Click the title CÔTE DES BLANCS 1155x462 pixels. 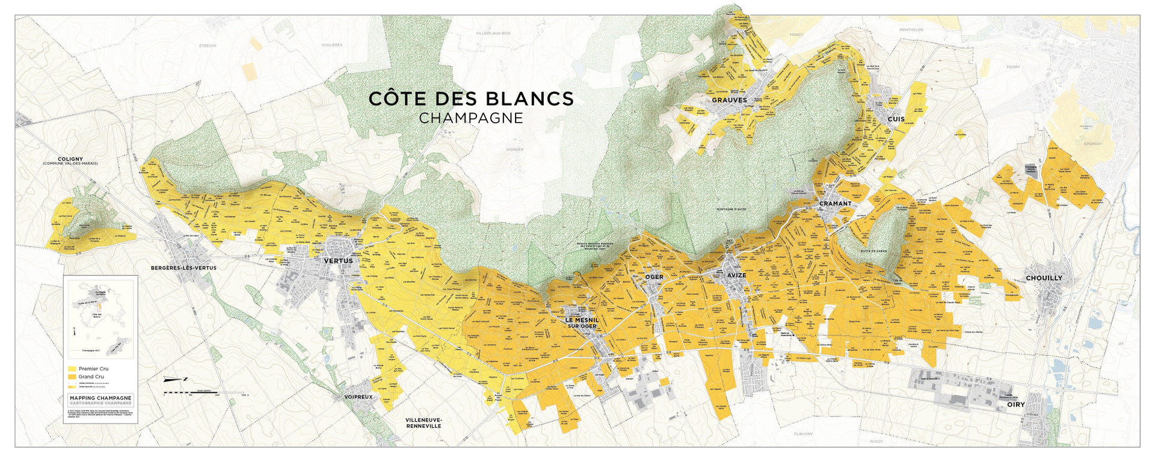click(471, 99)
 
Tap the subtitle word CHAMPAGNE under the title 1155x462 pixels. click(471, 118)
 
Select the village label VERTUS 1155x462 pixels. click(338, 261)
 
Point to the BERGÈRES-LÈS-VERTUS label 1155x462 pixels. click(183, 268)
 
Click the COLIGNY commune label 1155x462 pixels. click(70, 159)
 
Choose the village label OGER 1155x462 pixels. click(654, 277)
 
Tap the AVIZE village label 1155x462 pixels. click(736, 276)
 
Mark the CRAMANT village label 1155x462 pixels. click(835, 204)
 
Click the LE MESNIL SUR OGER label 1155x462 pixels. click(581, 323)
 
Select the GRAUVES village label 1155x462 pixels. click(729, 100)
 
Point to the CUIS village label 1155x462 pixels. click(896, 119)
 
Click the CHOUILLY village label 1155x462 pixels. click(1044, 278)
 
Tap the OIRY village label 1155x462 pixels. click(1015, 405)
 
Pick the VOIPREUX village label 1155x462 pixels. click(358, 397)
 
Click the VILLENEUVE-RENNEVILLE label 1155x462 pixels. click(423, 423)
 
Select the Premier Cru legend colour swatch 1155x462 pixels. click(72, 369)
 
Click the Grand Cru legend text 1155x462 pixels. click(91, 377)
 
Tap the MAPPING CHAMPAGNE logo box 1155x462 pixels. click(100, 400)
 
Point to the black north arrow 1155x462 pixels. click(176, 379)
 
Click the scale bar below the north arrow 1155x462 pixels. click(205, 392)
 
